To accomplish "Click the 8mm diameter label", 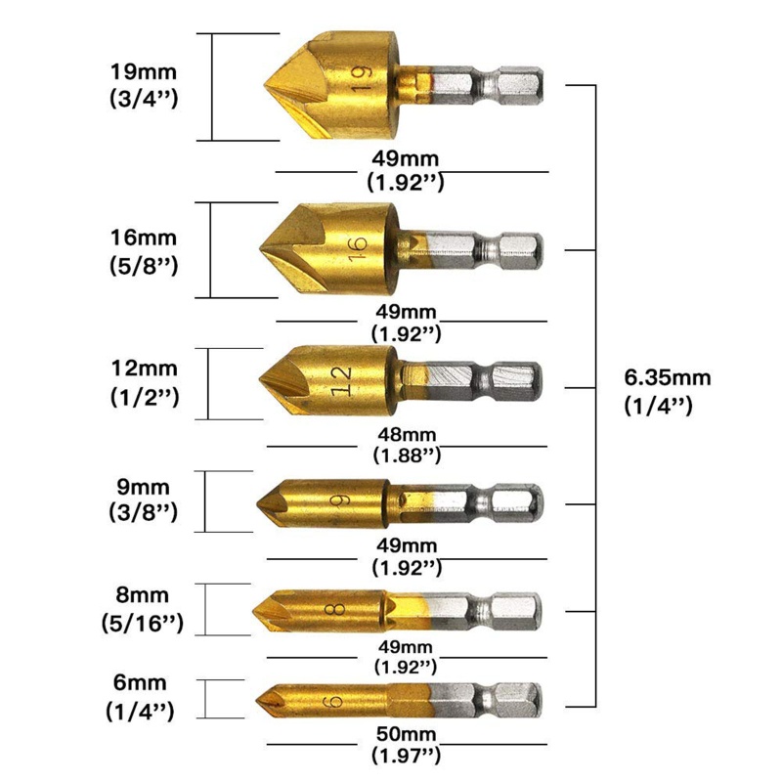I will point(143,594).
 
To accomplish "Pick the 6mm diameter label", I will point(140,683).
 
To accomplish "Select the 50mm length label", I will point(405,732).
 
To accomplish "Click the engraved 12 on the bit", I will point(341,378).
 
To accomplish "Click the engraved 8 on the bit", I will point(338,610).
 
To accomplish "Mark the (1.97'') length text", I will point(405,754).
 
